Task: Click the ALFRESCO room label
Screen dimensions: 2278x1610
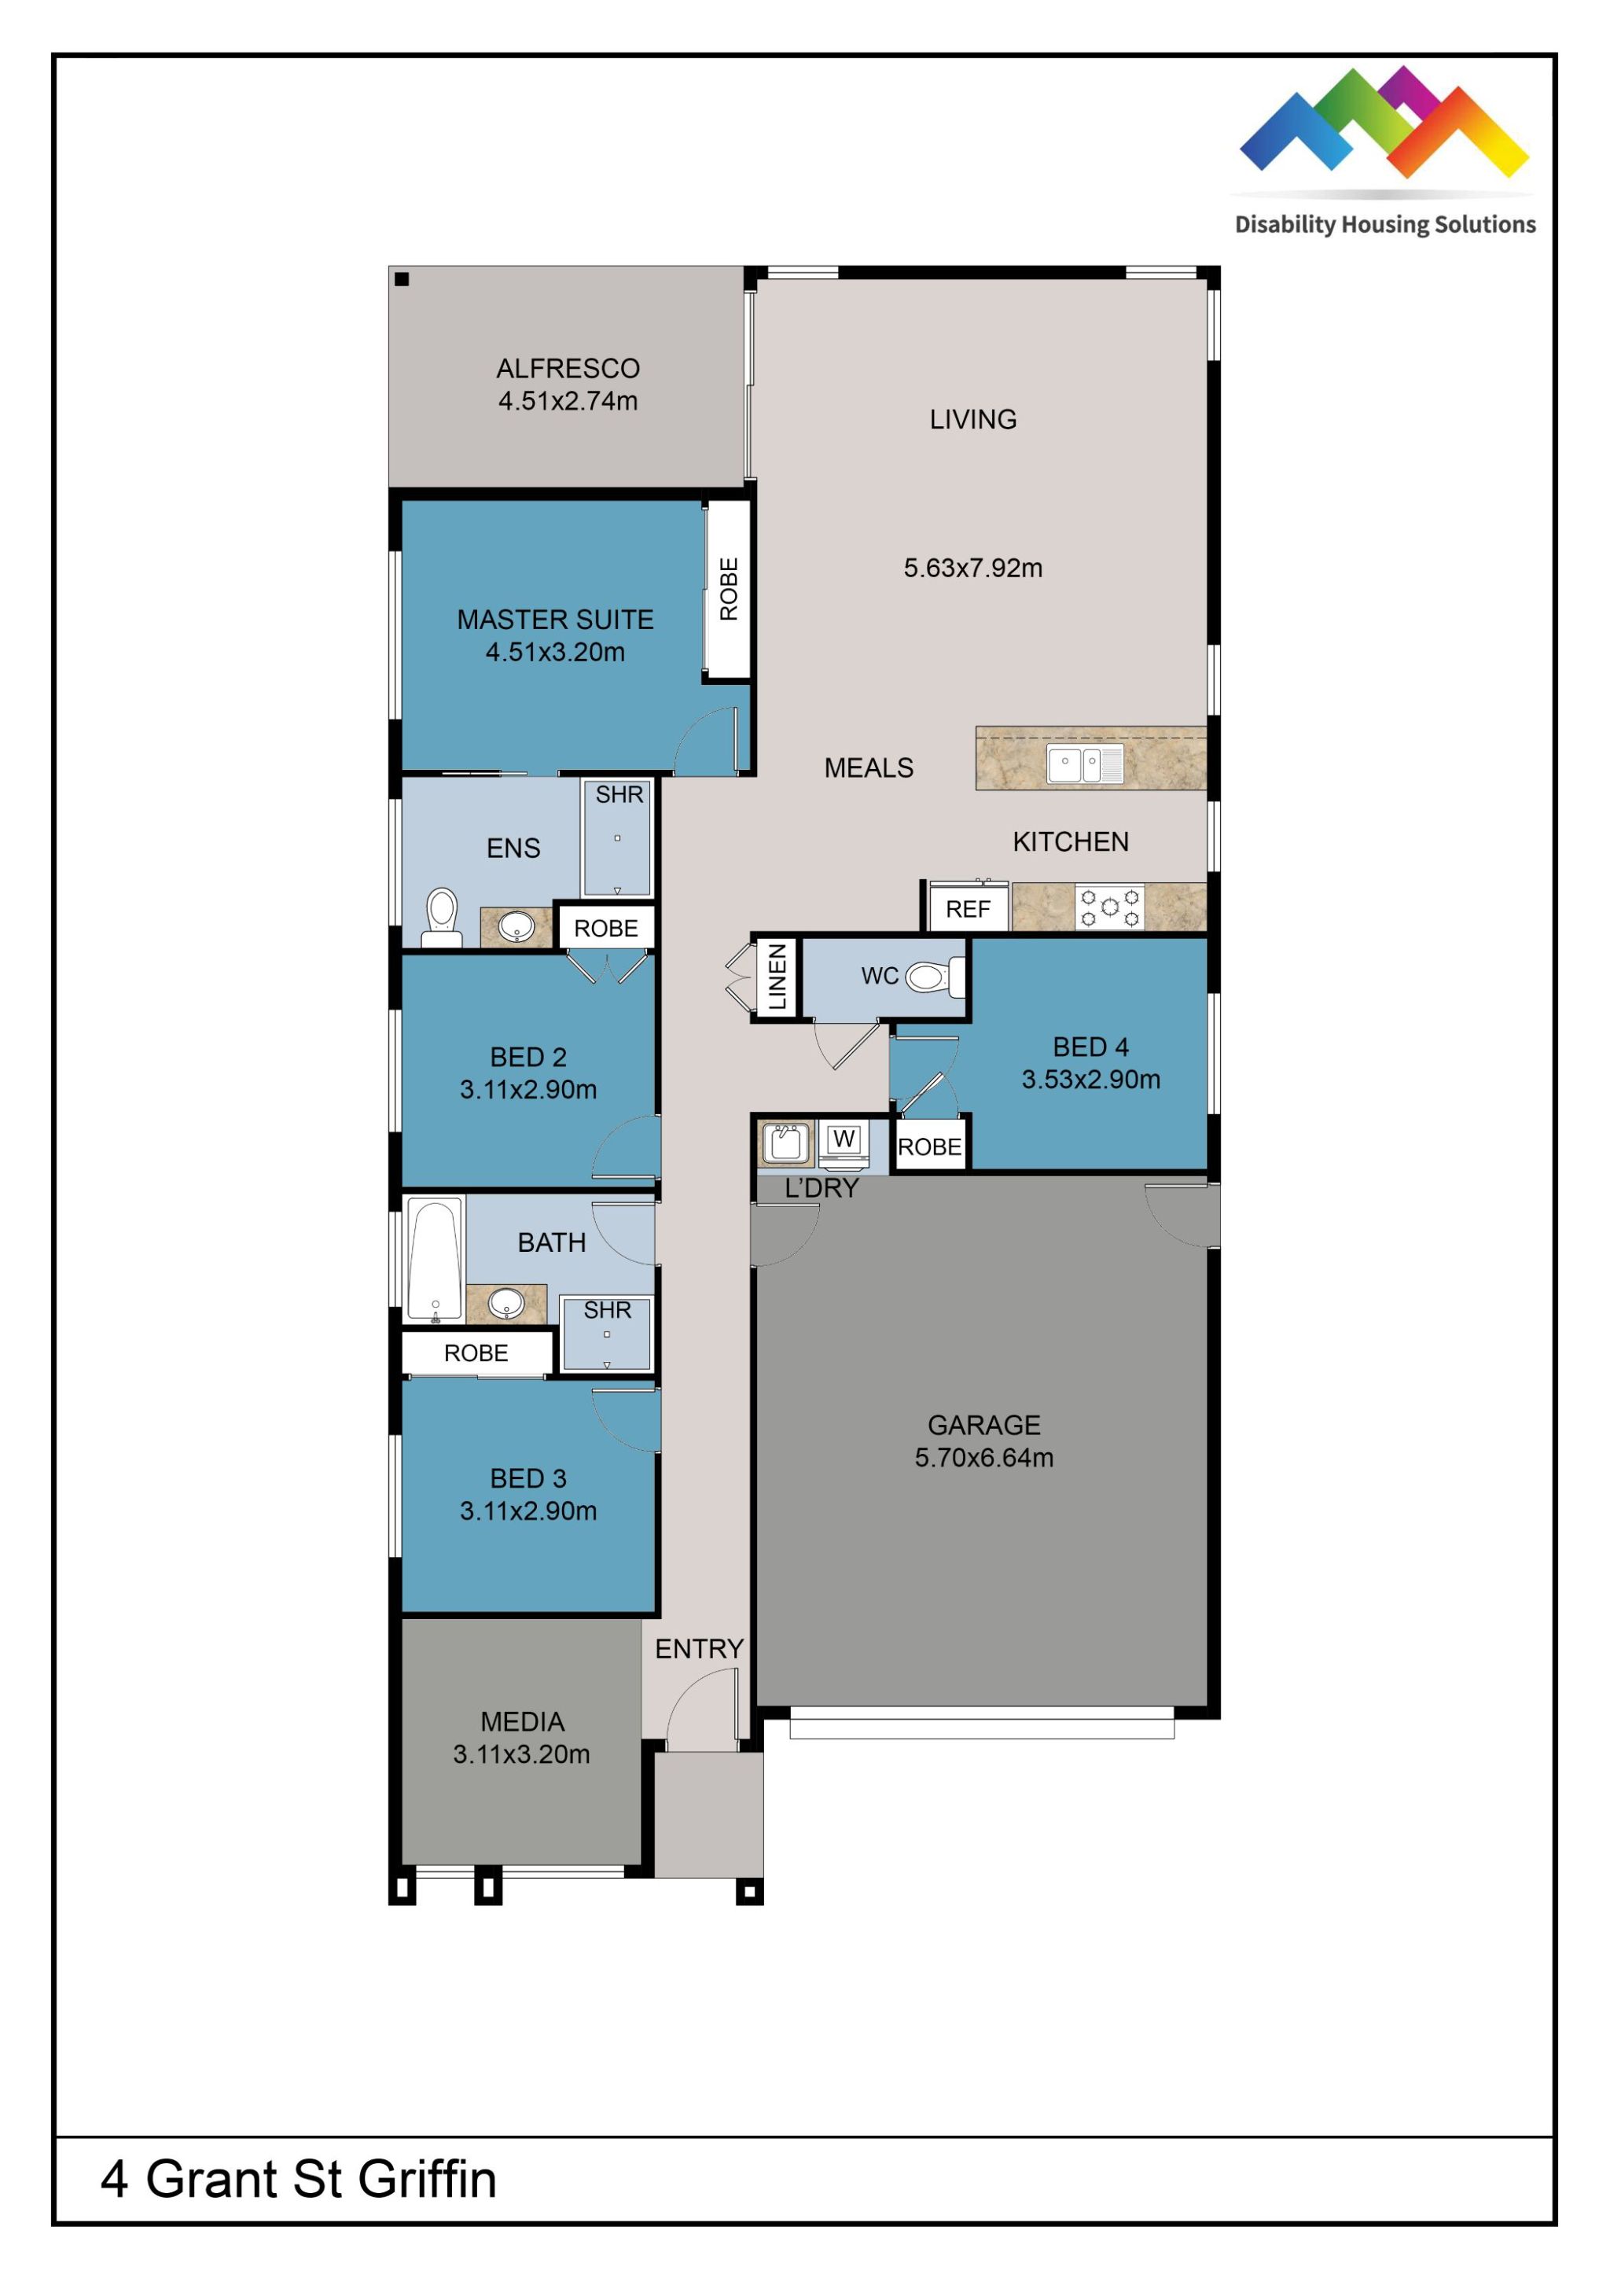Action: [x=568, y=368]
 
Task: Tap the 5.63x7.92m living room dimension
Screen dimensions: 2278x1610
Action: [x=972, y=568]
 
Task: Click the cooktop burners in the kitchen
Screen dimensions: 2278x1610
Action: [x=1109, y=907]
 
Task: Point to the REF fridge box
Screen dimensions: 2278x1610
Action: [x=967, y=909]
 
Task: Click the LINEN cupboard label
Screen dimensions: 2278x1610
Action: [x=777, y=977]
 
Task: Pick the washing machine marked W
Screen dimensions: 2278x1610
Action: [x=844, y=1141]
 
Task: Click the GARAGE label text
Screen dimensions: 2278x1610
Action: [x=983, y=1425]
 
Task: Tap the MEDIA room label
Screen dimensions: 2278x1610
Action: [x=522, y=1721]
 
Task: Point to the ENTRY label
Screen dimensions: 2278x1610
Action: [x=698, y=1649]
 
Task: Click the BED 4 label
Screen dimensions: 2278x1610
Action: [x=1090, y=1047]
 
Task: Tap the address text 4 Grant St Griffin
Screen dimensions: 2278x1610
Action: [x=298, y=2179]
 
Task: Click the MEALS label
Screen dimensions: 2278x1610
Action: [x=868, y=768]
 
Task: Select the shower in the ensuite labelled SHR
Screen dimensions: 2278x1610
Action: [x=617, y=838]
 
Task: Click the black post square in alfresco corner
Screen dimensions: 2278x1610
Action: [x=402, y=279]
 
